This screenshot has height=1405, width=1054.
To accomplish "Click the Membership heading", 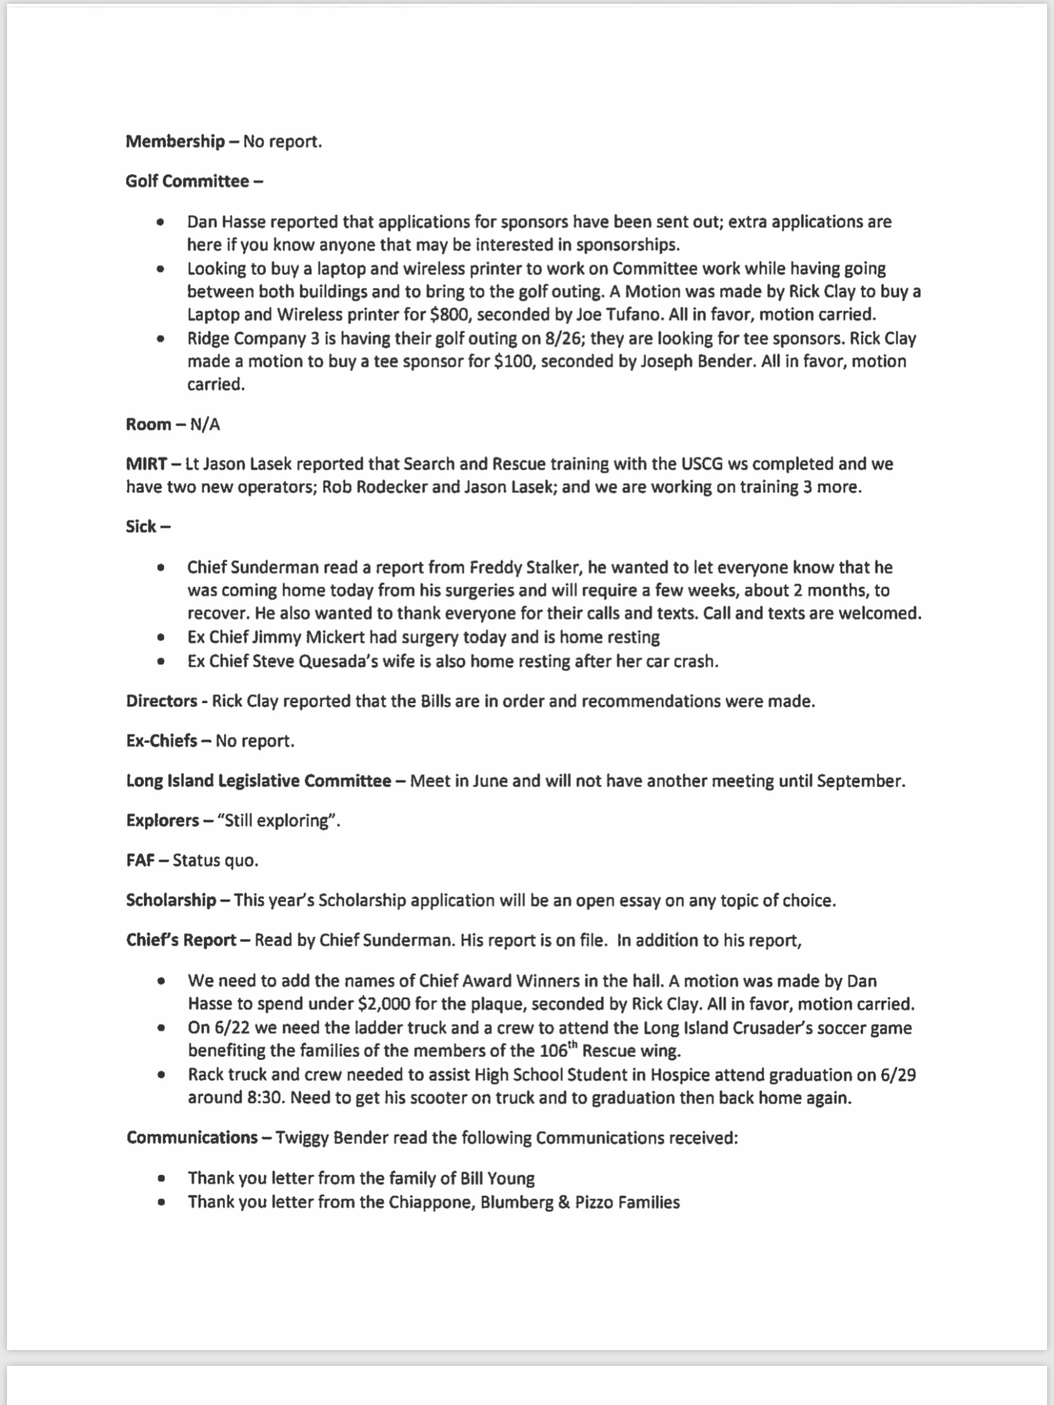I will [x=174, y=141].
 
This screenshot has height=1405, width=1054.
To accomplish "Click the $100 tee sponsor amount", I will [x=512, y=361].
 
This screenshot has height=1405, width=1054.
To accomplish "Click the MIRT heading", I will [x=146, y=464].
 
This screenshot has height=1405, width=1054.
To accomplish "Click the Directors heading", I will [x=161, y=701].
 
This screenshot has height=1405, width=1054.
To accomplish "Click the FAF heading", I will [x=140, y=860].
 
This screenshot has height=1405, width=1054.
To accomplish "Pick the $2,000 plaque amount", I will [x=384, y=1004].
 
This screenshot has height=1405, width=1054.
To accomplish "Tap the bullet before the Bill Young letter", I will [x=161, y=1178].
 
